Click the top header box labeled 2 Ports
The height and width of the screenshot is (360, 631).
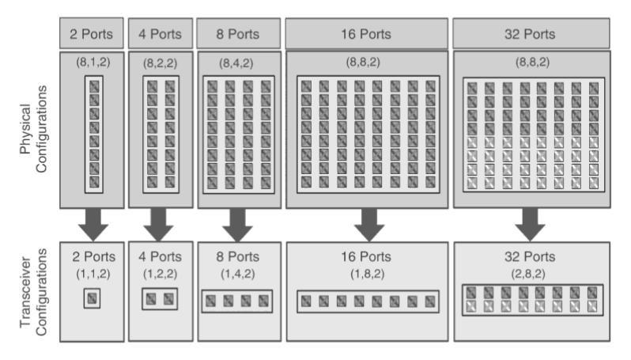[92, 34]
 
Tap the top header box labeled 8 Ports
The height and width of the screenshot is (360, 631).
[236, 34]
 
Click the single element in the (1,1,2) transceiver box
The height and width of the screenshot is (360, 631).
[93, 298]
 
